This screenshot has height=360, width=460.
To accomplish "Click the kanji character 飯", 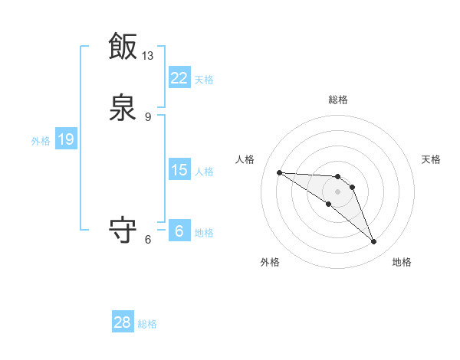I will [123, 46].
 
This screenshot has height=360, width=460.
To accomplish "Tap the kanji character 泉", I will [123, 108].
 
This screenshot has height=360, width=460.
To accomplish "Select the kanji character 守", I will [123, 229].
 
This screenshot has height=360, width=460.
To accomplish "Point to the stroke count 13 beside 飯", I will [148, 55].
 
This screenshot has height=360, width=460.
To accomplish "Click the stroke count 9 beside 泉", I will [148, 117].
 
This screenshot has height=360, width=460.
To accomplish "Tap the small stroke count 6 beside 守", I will [148, 239].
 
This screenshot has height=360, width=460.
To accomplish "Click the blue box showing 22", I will [179, 77].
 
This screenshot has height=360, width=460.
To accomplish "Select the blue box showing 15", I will [179, 170].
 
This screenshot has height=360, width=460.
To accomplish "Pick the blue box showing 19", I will [65, 139].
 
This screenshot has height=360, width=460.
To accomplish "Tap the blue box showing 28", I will [123, 322].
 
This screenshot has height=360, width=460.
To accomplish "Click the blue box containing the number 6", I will [179, 231].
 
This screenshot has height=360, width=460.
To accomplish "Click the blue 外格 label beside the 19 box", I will [41, 141].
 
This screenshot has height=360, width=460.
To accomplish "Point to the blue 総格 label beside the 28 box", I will [147, 324].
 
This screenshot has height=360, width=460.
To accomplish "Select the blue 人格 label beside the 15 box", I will [204, 172].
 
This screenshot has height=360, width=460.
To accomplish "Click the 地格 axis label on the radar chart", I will [402, 262].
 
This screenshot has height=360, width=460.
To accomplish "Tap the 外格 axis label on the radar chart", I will [270, 262].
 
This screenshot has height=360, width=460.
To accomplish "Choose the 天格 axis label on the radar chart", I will [431, 159].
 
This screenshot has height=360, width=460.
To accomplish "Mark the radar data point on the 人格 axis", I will [279, 172].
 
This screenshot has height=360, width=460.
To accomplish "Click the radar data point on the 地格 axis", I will [373, 242].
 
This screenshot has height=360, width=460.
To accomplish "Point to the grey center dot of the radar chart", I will [337, 191].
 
